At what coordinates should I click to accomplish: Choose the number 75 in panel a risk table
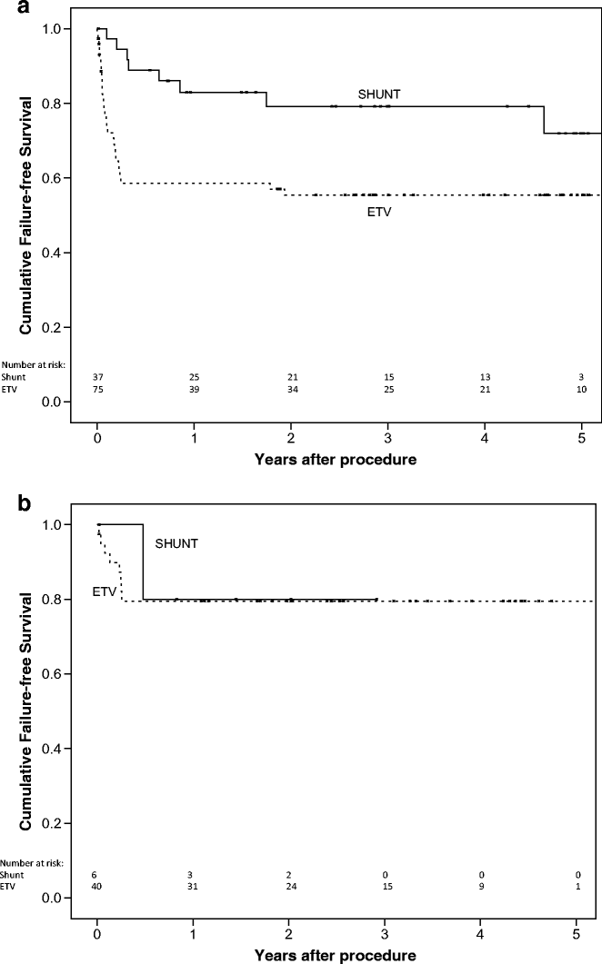click(97, 389)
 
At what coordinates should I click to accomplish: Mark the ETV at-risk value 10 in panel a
click(582, 389)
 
